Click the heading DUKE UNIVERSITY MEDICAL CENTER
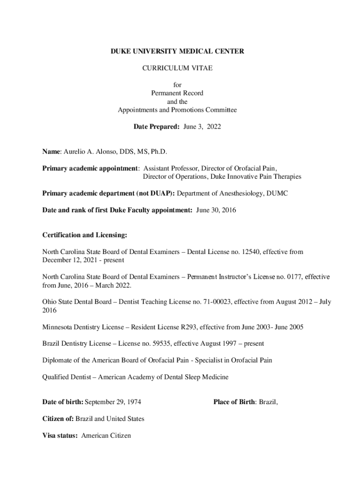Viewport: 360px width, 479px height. [x=177, y=51]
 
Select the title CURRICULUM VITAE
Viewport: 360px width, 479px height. [x=177, y=68]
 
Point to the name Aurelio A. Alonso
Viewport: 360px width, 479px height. [x=86, y=152]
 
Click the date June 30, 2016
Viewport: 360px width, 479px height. [x=216, y=210]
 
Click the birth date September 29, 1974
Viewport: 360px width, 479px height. [x=113, y=402]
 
